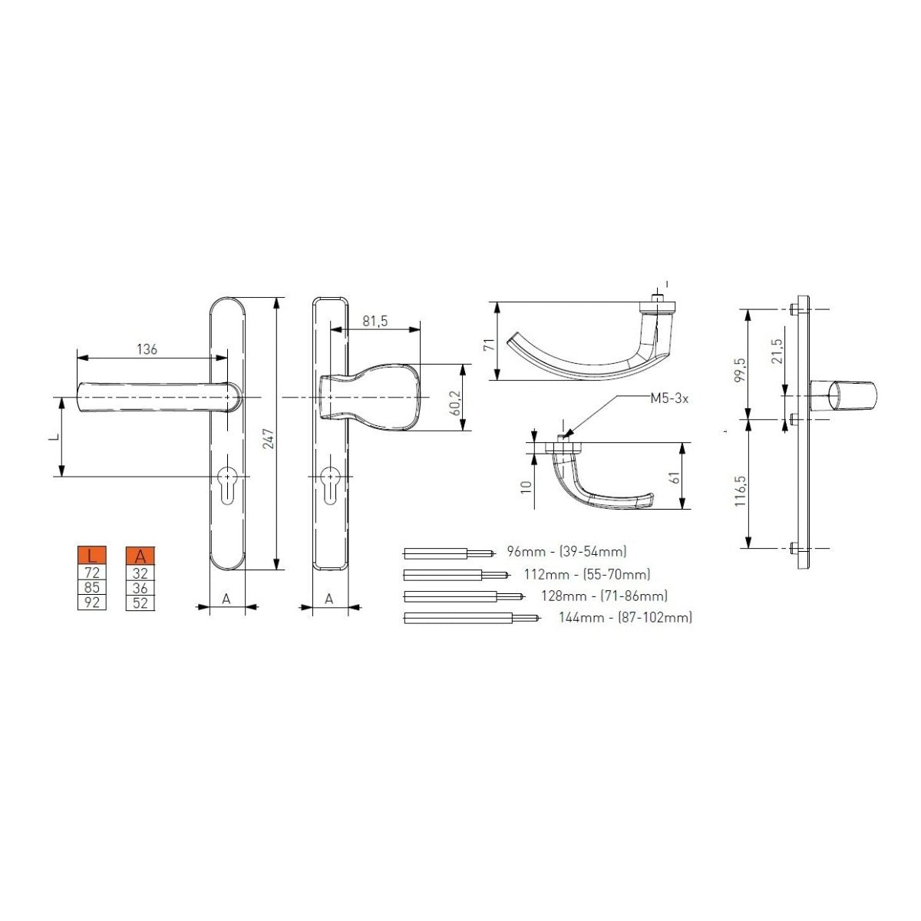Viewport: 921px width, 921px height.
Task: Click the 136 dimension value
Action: (147, 349)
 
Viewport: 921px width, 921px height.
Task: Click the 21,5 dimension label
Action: (777, 351)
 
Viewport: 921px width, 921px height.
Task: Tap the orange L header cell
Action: (92, 556)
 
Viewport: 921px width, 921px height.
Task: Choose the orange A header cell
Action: (140, 556)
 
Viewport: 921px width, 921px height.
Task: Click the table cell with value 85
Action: (92, 587)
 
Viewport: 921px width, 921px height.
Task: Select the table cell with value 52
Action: (140, 602)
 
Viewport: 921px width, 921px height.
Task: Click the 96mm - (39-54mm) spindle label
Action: (566, 552)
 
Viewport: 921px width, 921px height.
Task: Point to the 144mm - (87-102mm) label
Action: (626, 617)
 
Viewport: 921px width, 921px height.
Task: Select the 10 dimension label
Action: (526, 488)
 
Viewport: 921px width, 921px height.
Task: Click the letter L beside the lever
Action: (54, 437)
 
